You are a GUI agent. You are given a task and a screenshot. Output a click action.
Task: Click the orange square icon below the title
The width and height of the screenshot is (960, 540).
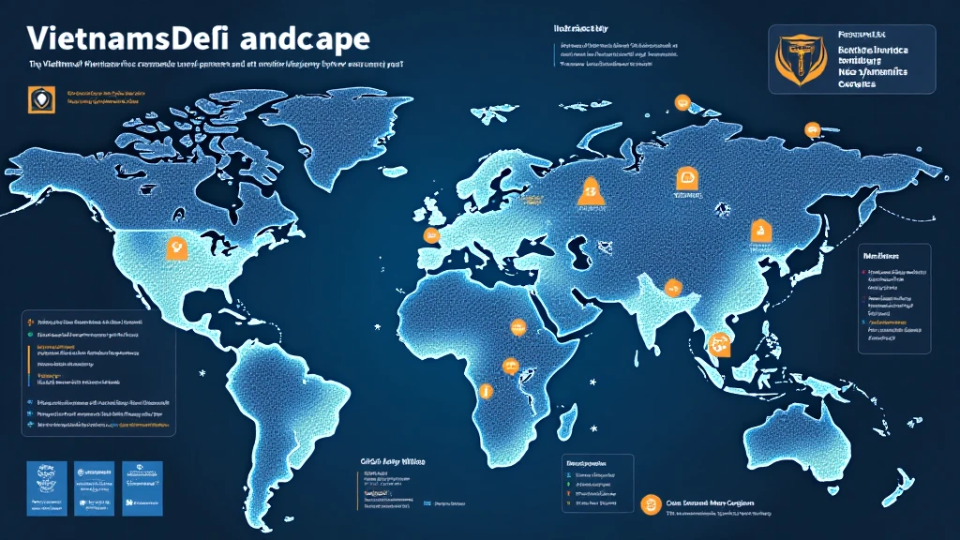[x=37, y=99]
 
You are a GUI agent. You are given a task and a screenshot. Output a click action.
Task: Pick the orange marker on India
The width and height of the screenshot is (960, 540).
[x=672, y=289]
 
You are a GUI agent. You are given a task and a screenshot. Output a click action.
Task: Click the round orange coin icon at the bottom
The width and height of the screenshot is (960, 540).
[x=646, y=504]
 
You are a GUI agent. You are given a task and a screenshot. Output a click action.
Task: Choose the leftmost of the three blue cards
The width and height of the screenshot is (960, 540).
[x=43, y=487]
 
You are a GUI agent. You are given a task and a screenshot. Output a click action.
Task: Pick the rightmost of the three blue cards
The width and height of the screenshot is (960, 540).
[x=142, y=487]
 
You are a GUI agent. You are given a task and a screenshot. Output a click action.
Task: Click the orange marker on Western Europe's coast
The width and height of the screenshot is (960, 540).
[x=432, y=234]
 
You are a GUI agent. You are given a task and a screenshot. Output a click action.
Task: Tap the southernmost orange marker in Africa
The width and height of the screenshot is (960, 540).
[x=485, y=390]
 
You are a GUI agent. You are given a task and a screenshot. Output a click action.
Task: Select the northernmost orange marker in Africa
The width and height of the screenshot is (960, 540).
[x=516, y=327]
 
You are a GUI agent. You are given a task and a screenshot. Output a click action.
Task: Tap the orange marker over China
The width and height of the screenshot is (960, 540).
[x=758, y=230]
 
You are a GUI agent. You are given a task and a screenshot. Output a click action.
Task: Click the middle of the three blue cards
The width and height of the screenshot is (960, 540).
[x=92, y=487]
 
